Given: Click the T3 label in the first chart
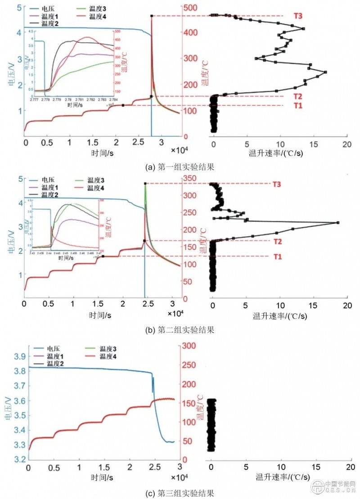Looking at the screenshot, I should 297,16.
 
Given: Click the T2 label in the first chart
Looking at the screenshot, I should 297,96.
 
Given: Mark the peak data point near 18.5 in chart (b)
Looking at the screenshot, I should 337,223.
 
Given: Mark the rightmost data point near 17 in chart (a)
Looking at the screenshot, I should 325,72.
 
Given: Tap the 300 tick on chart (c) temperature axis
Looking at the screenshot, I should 189,345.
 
